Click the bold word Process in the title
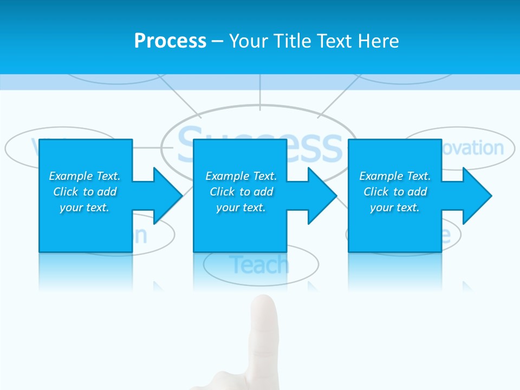(170, 41)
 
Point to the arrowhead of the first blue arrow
(168, 196)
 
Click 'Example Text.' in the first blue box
(84, 176)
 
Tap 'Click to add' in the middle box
(241, 192)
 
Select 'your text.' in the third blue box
(394, 207)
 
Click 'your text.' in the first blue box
(84, 207)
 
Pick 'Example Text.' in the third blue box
(394, 176)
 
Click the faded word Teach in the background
(259, 265)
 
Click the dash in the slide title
(217, 41)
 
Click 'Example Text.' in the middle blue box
(241, 176)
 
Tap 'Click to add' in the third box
(394, 192)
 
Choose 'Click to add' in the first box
(84, 192)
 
